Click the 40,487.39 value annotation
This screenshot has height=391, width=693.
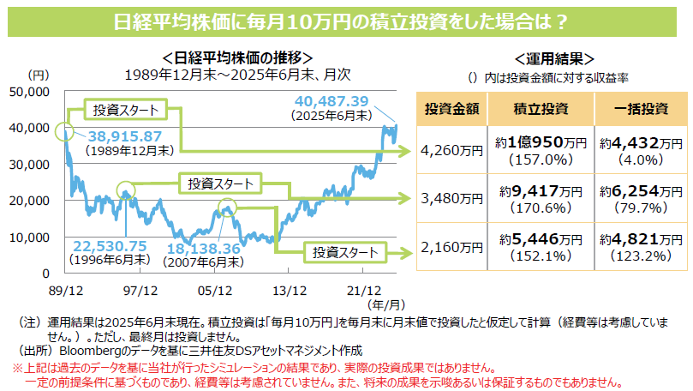click(331, 100)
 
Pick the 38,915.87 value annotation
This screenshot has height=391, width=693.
click(123, 136)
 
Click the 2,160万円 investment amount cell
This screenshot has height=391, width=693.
click(451, 247)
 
